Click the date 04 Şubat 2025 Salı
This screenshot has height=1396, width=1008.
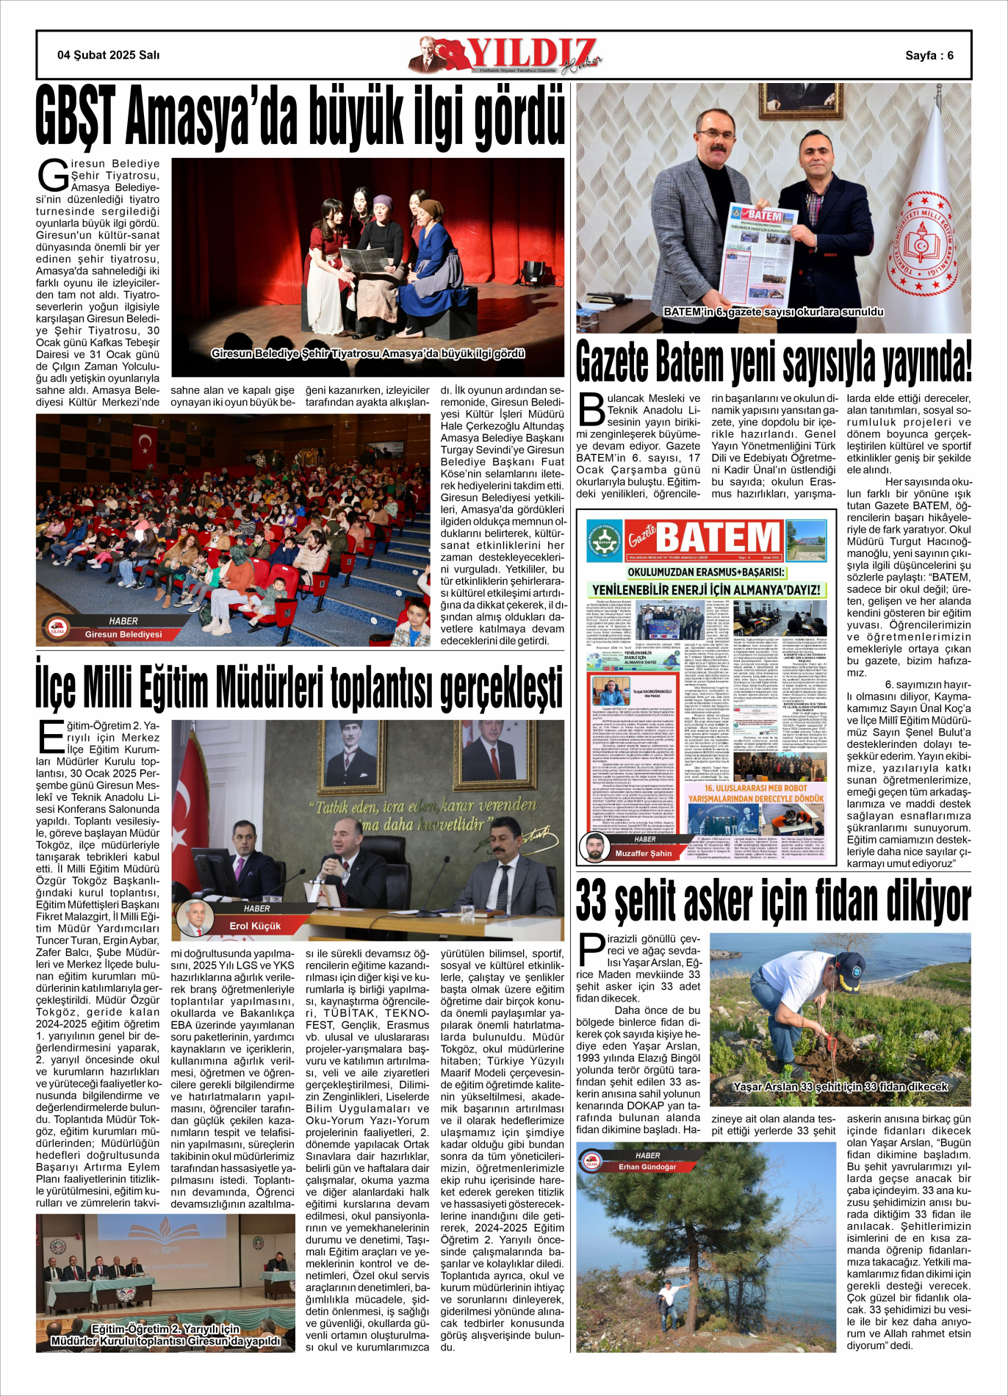(x=108, y=55)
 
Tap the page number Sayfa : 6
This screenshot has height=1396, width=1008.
(x=929, y=56)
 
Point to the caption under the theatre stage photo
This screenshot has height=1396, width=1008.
(x=368, y=354)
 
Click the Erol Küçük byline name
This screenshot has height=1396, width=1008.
(x=255, y=926)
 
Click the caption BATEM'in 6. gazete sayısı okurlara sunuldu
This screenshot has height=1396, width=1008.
(x=773, y=312)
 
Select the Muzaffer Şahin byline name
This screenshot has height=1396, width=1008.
(x=644, y=854)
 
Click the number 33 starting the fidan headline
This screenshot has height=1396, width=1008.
(x=591, y=901)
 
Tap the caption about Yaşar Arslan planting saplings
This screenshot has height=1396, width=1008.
(x=840, y=1087)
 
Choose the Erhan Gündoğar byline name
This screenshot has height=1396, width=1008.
(x=647, y=1167)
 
